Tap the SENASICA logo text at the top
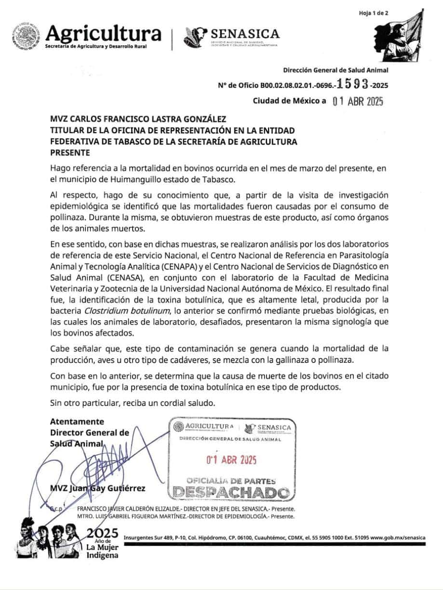tap(242, 34)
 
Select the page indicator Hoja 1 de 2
tap(374, 13)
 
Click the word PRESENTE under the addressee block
tap(70, 152)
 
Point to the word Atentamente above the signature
tap(77, 421)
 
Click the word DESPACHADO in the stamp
tap(231, 493)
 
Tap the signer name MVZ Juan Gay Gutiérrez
tap(98, 488)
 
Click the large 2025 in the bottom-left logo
tap(103, 533)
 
